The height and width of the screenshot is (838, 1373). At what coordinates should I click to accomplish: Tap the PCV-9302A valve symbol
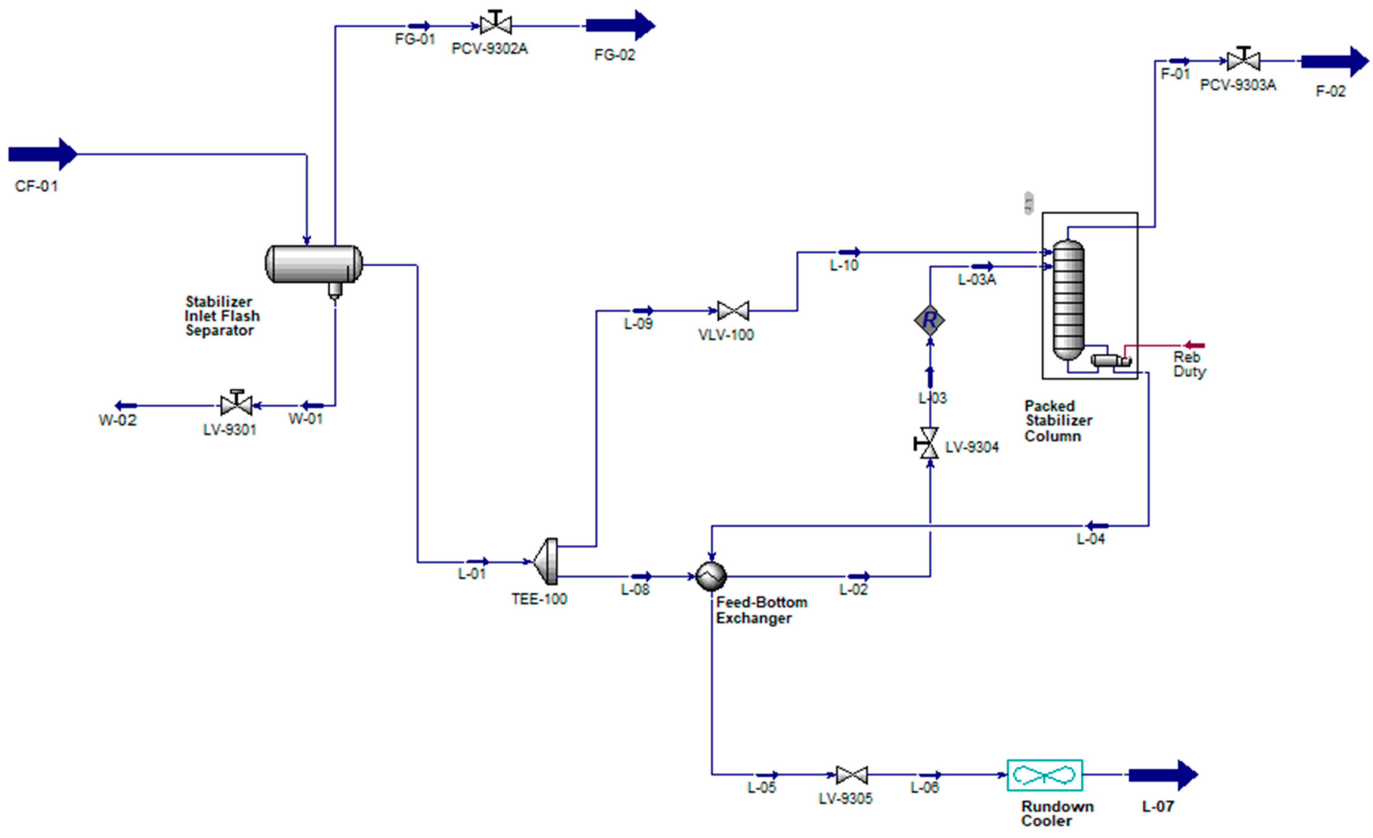coord(495,25)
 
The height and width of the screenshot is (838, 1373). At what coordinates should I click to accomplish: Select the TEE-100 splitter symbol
coord(547,561)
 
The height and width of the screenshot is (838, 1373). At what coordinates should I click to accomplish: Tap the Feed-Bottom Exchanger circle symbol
coord(711,576)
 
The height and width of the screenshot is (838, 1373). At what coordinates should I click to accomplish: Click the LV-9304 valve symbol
coord(928,443)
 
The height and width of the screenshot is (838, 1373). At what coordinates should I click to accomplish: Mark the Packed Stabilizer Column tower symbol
coord(1068,300)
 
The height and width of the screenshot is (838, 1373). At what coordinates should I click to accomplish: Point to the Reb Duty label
coord(1189,364)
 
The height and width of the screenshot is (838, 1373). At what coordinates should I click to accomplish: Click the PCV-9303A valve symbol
coord(1243,60)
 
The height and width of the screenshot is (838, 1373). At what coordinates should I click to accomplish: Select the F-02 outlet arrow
coord(1334,61)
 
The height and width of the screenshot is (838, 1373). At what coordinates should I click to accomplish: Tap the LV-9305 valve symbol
coord(852,775)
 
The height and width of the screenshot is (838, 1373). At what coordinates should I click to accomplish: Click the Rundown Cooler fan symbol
coord(1044,775)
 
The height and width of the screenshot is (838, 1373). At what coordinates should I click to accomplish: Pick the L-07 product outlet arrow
coord(1162,775)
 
